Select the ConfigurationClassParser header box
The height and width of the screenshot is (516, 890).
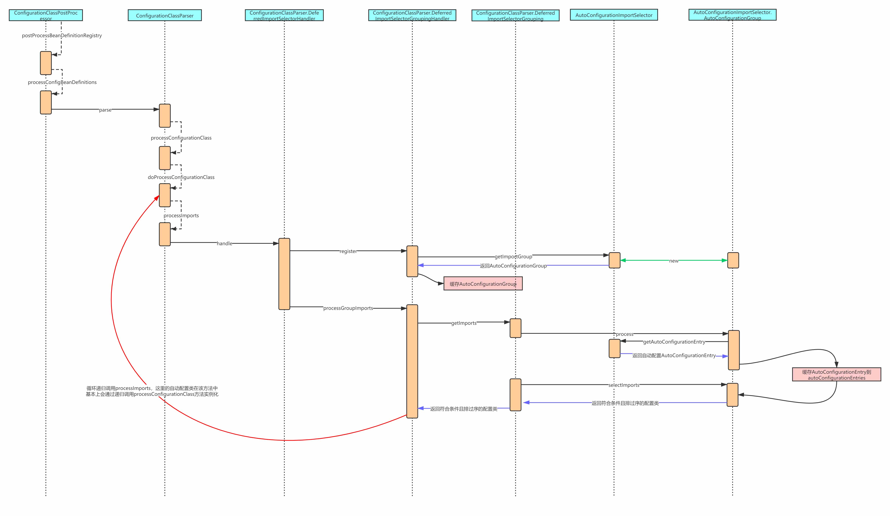click(x=165, y=15)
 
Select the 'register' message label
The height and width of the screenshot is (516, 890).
click(x=348, y=251)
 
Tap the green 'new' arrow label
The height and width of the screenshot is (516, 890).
click(x=673, y=261)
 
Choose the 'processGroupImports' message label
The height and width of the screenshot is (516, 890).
click(x=348, y=308)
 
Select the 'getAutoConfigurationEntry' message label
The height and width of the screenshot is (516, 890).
click(x=674, y=342)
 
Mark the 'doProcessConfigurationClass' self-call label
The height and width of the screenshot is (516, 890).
click(x=181, y=177)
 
